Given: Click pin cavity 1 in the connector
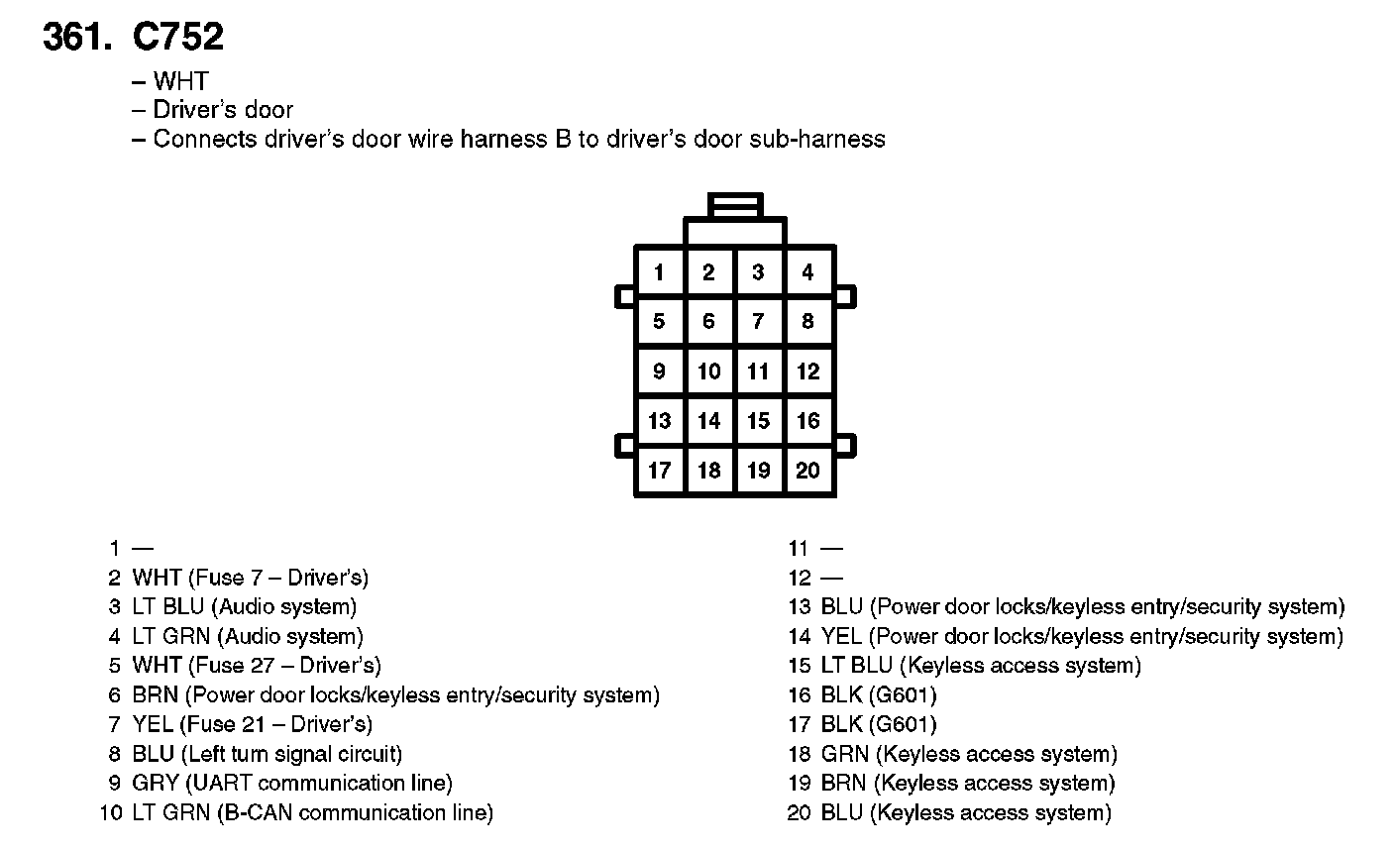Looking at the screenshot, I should click(x=659, y=271).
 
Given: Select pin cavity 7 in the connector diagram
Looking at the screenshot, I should click(x=758, y=321).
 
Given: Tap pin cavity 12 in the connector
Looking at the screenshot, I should click(x=808, y=372).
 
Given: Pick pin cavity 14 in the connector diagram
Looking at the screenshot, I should click(x=708, y=421).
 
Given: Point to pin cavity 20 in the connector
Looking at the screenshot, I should click(x=808, y=471).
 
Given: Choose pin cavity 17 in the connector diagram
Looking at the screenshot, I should click(x=659, y=471).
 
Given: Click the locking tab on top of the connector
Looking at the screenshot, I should click(x=735, y=205).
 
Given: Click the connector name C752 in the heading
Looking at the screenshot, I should click(x=178, y=38).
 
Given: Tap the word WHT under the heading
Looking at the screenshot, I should click(x=180, y=81).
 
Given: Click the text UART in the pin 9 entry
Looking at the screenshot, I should click(x=224, y=784).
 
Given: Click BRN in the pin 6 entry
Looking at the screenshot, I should click(x=155, y=695).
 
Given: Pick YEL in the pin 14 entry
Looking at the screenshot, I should click(x=841, y=636).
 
